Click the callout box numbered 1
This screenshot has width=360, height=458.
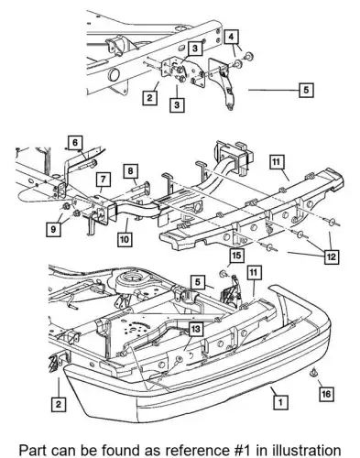tap(280, 403)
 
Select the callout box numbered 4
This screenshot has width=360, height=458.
tap(231, 37)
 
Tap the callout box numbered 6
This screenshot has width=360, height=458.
tap(75, 142)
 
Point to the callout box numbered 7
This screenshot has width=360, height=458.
tap(104, 180)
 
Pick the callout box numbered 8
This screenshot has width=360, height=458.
tap(131, 171)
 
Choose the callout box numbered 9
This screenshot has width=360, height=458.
tap(53, 229)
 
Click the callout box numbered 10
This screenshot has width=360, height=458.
tap(125, 239)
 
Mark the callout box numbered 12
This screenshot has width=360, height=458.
tap(332, 256)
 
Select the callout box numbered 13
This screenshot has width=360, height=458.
tap(196, 329)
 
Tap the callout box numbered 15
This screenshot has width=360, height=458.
tap(236, 255)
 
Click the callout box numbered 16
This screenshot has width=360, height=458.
tap(326, 394)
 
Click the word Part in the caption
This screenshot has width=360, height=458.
tap(32, 451)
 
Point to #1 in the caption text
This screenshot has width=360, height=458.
tap(241, 451)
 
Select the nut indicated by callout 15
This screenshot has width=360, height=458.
tap(224, 273)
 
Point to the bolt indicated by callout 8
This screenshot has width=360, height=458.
tap(140, 188)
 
